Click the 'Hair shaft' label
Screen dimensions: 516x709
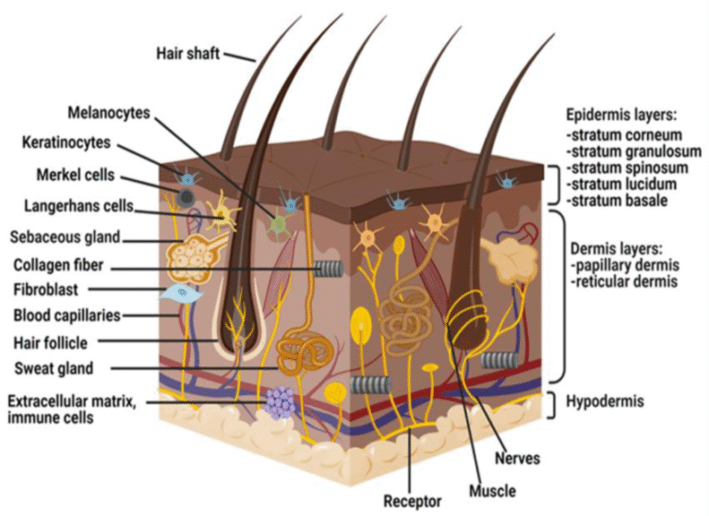point(188,53)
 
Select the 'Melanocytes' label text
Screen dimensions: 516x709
point(108,114)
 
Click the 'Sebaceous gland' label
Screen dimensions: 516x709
point(63,236)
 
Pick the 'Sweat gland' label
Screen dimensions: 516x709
point(54,369)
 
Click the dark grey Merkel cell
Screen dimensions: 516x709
point(186,198)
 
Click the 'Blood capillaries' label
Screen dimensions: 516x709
point(66,315)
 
